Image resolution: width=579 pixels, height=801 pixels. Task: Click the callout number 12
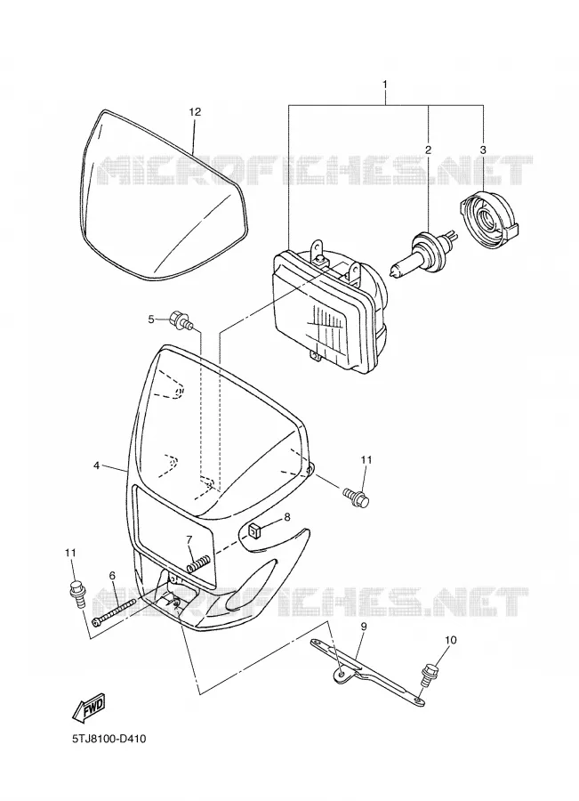[195, 112]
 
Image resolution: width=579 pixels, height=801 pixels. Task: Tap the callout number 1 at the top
[385, 84]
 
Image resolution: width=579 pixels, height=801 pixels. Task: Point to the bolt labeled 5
[181, 320]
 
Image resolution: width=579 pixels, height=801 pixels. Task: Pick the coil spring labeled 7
[197, 564]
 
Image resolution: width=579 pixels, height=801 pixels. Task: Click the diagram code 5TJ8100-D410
[109, 739]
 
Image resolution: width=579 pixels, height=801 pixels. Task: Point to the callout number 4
[96, 465]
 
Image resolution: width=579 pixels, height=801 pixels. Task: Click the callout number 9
[364, 626]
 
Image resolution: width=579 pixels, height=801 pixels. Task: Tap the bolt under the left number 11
[76, 594]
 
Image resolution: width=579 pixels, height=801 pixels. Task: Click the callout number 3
[483, 150]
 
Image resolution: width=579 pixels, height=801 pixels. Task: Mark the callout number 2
[428, 150]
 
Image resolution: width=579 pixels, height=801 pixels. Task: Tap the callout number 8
[287, 517]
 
